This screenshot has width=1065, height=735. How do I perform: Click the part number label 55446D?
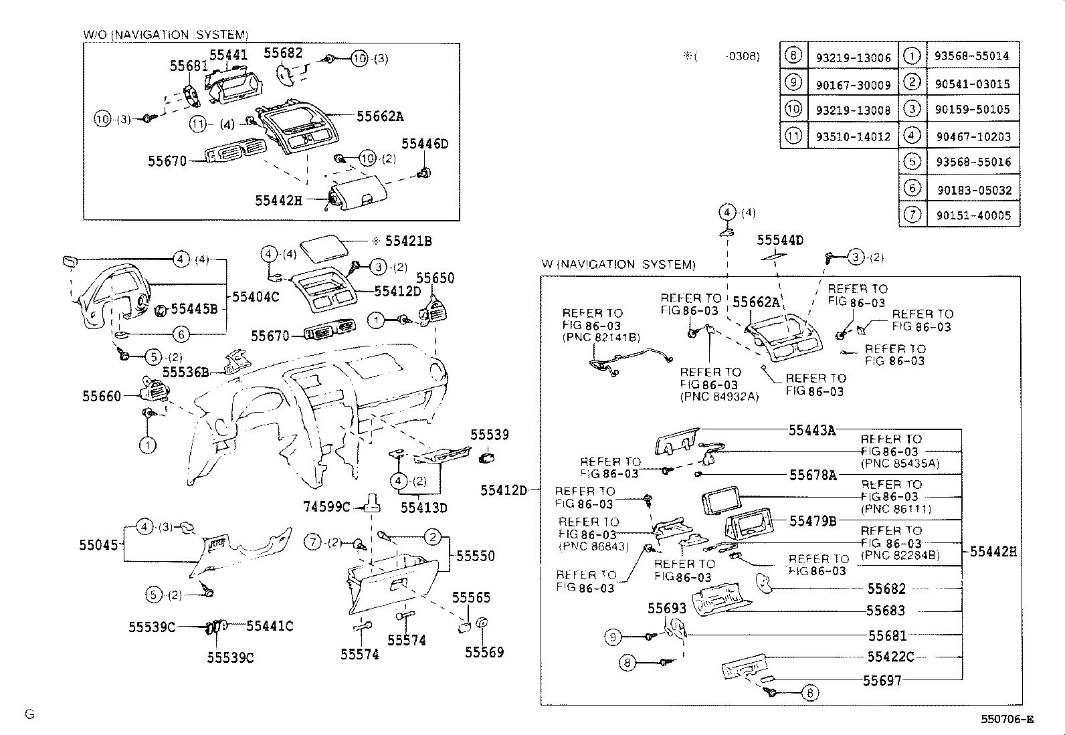click(425, 144)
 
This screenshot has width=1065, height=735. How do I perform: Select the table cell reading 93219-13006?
click(853, 58)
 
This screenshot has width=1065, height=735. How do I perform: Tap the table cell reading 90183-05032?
click(974, 190)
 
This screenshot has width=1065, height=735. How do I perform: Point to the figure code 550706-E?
click(1007, 720)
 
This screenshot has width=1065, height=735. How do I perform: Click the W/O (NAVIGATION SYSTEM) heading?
click(165, 34)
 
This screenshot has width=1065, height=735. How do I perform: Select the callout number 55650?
click(435, 278)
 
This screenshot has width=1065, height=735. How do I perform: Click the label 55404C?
click(256, 296)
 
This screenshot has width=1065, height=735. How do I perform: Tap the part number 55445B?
click(195, 308)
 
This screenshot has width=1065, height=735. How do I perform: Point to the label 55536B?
click(186, 372)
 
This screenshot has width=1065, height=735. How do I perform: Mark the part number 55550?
click(476, 556)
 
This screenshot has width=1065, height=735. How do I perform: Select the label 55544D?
click(780, 240)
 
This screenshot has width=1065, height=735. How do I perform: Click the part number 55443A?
click(812, 431)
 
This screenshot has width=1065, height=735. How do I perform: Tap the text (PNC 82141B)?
click(601, 338)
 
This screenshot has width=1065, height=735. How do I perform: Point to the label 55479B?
click(813, 521)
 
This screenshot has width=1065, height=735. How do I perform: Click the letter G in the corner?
click(29, 714)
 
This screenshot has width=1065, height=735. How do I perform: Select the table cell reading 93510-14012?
click(853, 137)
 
